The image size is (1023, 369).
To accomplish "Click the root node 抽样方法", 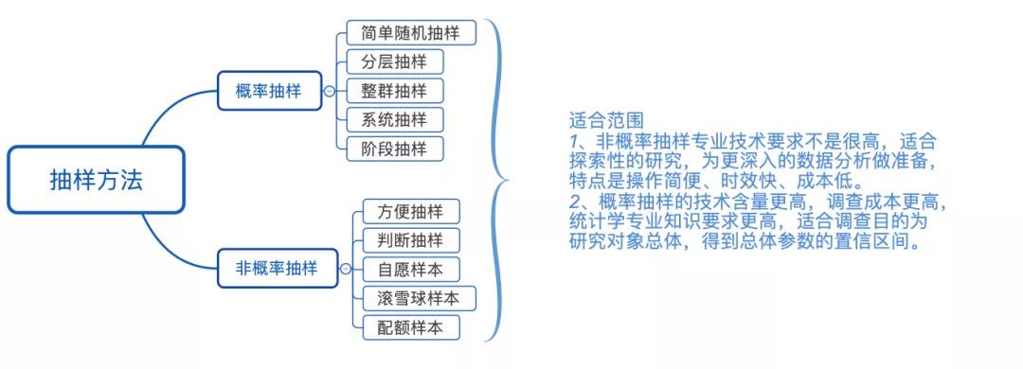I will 96,180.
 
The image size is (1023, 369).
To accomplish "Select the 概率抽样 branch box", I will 268,91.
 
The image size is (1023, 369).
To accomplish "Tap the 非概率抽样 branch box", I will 276,269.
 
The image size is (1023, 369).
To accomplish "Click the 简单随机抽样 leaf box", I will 410,33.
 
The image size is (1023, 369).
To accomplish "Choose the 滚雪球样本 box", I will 418,298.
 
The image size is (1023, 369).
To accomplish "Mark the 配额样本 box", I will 410,327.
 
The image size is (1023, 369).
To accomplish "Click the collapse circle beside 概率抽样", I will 329,92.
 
